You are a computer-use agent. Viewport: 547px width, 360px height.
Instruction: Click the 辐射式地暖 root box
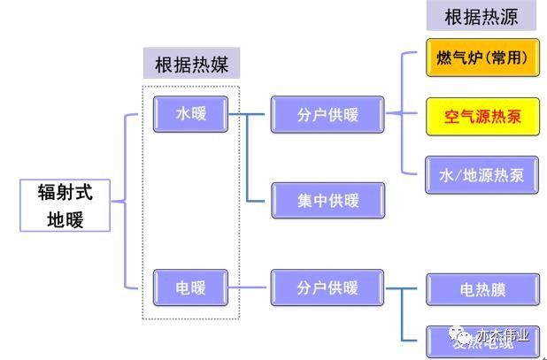tap(65, 205)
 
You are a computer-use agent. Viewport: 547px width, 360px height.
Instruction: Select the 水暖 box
tap(190, 114)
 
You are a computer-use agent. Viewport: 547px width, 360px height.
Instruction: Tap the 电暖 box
tap(190, 287)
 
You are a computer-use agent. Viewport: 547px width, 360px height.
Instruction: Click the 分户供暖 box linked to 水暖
tap(327, 114)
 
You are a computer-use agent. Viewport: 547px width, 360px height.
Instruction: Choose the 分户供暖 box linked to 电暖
tap(327, 287)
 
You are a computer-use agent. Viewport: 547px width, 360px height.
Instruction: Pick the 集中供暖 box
tap(327, 201)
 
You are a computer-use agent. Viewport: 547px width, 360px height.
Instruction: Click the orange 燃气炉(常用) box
tap(482, 57)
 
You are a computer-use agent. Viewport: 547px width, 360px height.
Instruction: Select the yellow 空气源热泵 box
tap(482, 116)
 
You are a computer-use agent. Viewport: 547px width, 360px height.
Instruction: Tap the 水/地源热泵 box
tap(482, 174)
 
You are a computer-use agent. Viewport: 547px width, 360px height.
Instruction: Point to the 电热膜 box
tap(482, 288)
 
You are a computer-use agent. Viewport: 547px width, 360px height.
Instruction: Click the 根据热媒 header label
tap(191, 65)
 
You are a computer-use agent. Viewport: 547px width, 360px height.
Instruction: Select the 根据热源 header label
tap(481, 15)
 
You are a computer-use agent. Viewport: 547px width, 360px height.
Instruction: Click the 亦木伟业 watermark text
tap(502, 335)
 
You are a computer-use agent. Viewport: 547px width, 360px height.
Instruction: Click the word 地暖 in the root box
tap(65, 218)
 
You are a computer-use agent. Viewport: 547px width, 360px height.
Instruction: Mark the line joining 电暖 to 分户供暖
tap(250, 287)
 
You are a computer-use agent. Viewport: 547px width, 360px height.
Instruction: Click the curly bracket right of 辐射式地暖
tap(130, 202)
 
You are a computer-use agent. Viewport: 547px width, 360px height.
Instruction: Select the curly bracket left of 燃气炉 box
tap(407, 112)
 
